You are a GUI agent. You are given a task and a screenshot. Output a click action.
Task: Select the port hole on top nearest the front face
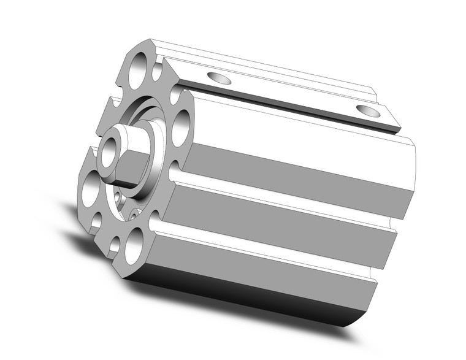[x=219, y=78]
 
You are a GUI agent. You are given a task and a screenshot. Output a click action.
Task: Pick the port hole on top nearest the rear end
[x=367, y=111]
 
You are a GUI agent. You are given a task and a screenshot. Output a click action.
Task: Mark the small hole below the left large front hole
[x=96, y=219]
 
